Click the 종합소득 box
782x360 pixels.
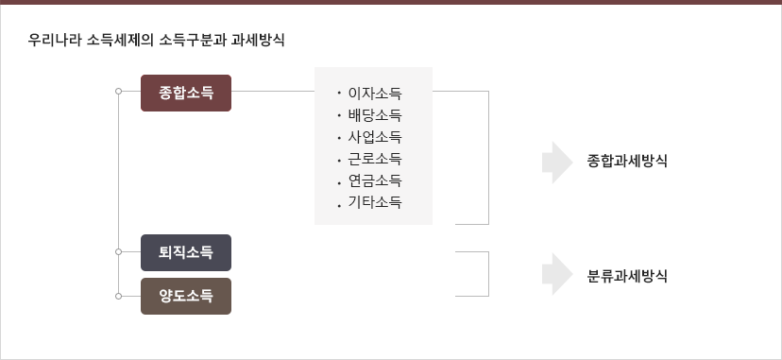coord(186,93)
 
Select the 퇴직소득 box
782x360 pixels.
coord(186,252)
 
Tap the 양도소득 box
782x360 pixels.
coord(186,296)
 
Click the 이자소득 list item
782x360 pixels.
coord(375,94)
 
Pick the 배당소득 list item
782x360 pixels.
coord(375,115)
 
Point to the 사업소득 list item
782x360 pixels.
coord(375,137)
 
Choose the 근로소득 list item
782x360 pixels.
coord(375,158)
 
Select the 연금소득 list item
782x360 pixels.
coord(375,180)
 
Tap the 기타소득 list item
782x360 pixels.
coord(375,201)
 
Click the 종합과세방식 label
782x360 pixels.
coord(627,161)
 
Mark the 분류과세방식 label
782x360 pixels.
coord(627,276)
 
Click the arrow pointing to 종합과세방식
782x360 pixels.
coord(558,162)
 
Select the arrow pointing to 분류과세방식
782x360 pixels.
coord(558,275)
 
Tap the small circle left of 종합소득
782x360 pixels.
coord(118,93)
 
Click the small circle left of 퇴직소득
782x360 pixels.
coord(118,252)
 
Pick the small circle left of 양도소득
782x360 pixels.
coord(118,296)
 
